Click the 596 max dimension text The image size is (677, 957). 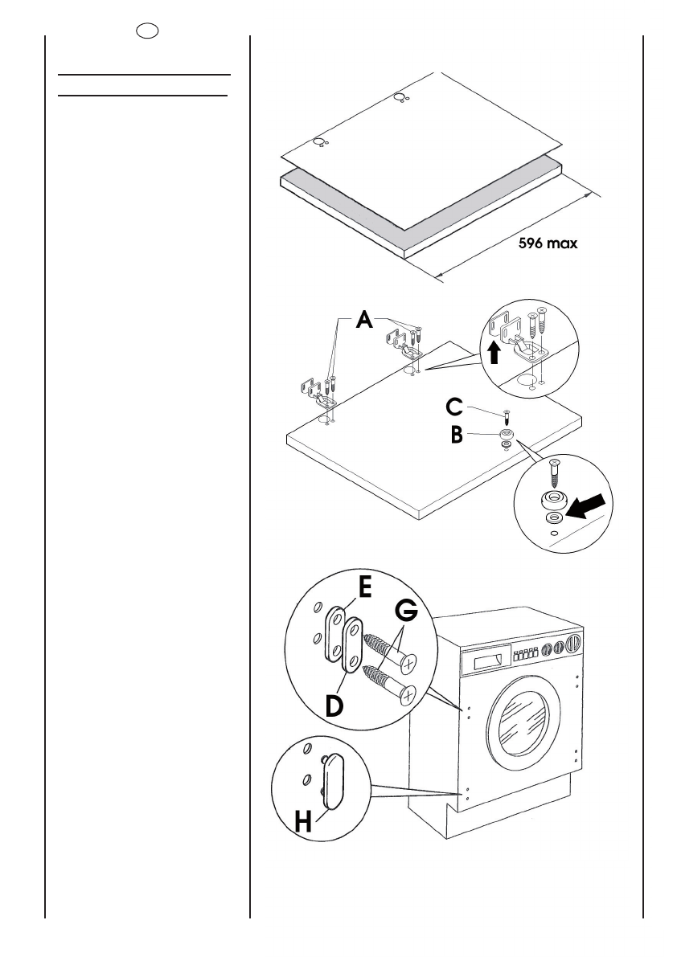click(548, 243)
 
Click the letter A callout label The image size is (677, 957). click(364, 319)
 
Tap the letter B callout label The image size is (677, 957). click(457, 436)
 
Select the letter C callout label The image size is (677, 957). click(455, 407)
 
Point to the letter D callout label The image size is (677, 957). click(334, 706)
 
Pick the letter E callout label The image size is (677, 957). click(364, 587)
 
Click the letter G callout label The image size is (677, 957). click(406, 611)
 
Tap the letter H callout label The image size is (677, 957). click(303, 821)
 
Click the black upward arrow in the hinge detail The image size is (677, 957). click(494, 352)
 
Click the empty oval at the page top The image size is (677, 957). click(147, 31)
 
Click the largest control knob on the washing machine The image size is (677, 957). click(572, 644)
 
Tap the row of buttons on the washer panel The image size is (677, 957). click(526, 655)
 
